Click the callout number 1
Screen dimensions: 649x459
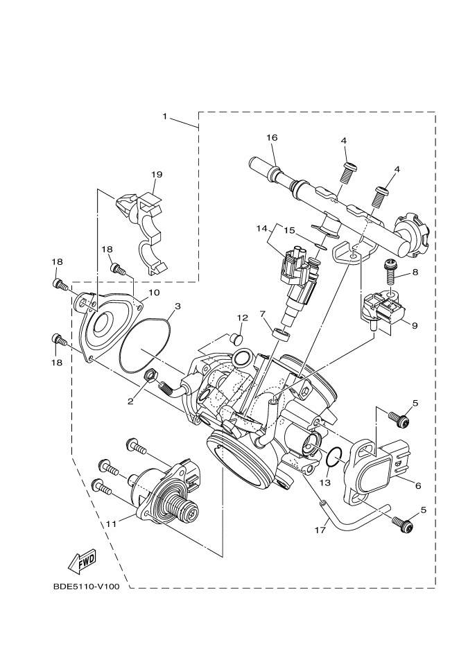click(x=164, y=116)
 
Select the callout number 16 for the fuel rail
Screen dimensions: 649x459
click(x=272, y=138)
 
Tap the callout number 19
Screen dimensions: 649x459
click(x=156, y=175)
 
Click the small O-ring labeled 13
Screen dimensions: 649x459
click(x=334, y=456)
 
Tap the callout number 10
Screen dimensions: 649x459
click(x=154, y=293)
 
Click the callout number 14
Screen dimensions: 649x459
click(x=262, y=227)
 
